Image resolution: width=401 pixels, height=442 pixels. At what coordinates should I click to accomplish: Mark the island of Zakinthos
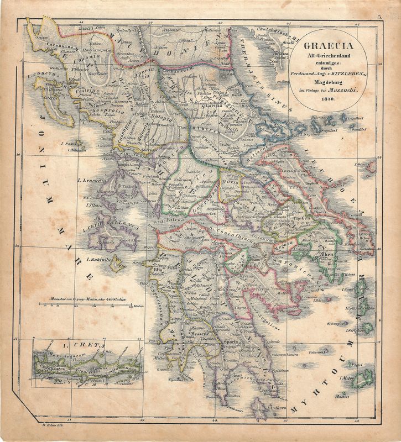click(x=116, y=265)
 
